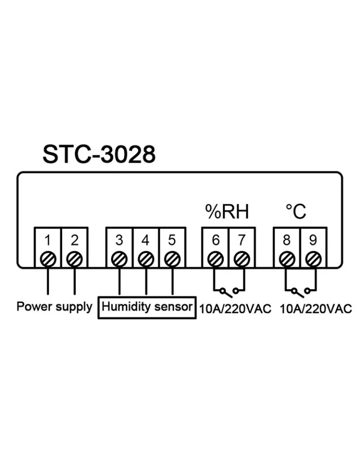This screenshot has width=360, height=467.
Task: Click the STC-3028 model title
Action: [x=99, y=155]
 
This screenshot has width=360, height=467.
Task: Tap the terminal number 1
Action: [x=48, y=241]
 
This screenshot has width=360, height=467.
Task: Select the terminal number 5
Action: [x=172, y=241]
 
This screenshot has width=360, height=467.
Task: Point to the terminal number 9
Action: [x=313, y=241]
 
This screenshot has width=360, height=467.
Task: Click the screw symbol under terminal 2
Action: [x=74, y=258]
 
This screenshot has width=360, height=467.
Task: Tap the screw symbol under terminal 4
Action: [x=146, y=258]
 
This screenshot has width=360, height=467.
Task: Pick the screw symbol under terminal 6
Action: [x=215, y=258]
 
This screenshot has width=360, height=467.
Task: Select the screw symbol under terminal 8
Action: [x=287, y=258]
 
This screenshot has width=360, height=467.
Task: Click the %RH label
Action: [x=227, y=212]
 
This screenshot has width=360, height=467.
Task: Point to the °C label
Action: [x=296, y=212]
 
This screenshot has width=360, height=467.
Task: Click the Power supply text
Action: [x=55, y=307]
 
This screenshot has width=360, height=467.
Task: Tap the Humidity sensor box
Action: [x=147, y=307]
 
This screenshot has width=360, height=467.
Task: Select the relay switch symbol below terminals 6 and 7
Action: [x=228, y=292]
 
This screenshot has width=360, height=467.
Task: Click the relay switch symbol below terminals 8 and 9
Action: [x=300, y=292]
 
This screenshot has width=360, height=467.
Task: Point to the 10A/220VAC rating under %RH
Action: [x=235, y=310]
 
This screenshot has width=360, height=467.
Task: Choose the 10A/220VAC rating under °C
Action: [x=316, y=310]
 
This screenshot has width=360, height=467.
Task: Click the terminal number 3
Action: [x=120, y=241]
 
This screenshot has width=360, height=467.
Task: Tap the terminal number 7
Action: [x=241, y=241]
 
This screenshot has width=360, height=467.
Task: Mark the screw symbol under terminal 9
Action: [x=313, y=258]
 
